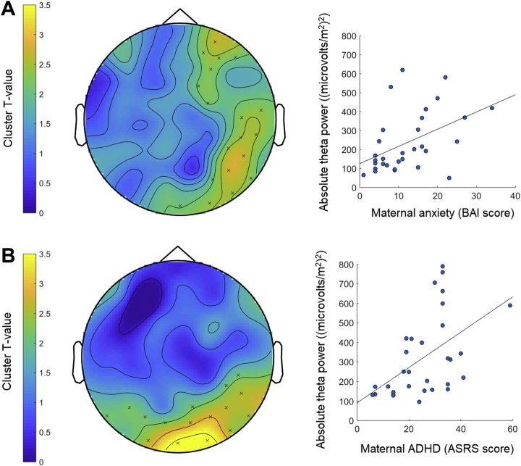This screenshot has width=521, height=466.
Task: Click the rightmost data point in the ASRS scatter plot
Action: click(510, 305)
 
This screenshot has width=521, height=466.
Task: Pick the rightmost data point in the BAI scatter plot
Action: click(492, 108)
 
